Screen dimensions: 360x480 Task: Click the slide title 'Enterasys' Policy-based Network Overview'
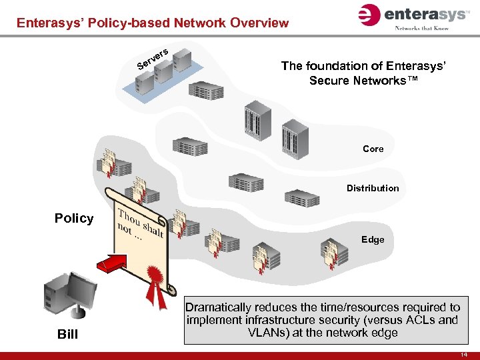[x=153, y=23]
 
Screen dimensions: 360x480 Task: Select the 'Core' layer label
[x=373, y=149]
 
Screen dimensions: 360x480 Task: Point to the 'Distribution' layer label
[x=372, y=188]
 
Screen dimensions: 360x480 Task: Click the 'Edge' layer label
[x=373, y=239]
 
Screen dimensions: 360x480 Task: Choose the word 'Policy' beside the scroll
[x=74, y=219]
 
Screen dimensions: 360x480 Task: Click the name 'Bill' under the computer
[x=67, y=334]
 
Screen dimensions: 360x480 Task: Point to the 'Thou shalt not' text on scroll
[x=139, y=223]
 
